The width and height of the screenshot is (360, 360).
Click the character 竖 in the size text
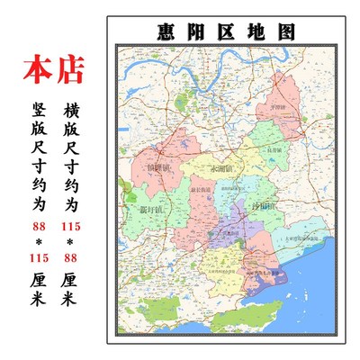[38, 111]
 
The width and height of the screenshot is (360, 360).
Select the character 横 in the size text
[73, 111]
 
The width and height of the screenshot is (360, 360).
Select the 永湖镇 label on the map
[221, 167]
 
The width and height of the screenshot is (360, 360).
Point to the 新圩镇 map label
[150, 210]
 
